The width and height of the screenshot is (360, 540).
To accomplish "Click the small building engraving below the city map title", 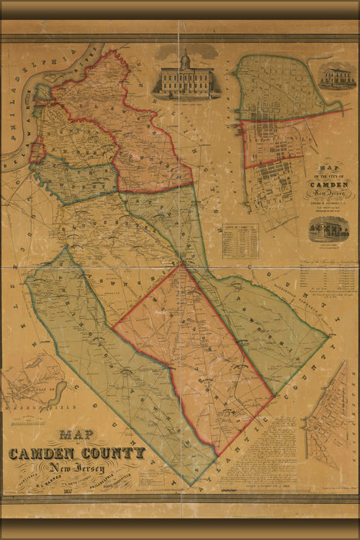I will coord(328,229).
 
